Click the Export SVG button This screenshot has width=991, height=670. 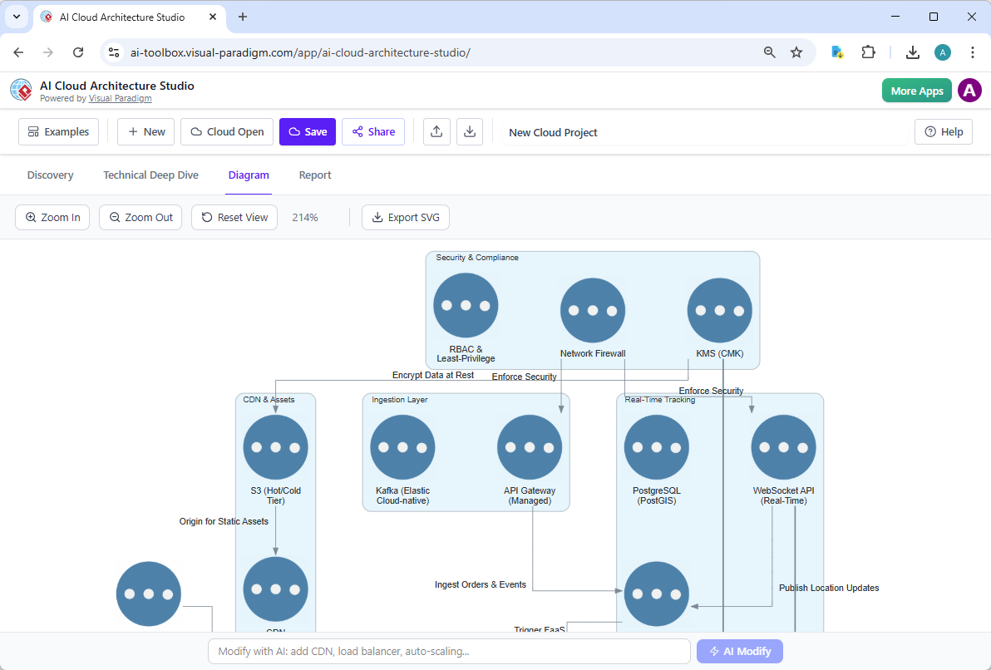(406, 218)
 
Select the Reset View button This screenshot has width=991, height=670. (234, 218)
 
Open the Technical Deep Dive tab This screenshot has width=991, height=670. (150, 175)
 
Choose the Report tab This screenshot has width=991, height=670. (315, 175)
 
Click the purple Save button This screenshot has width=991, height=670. (308, 132)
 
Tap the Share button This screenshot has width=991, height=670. (373, 132)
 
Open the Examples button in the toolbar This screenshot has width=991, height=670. (58, 132)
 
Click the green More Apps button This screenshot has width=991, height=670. (916, 91)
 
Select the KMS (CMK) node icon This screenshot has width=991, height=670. (719, 310)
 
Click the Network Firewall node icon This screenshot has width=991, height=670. (593, 310)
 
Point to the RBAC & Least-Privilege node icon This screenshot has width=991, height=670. (466, 305)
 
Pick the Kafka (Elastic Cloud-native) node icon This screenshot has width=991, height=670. (402, 447)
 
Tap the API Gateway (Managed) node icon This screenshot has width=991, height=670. (530, 447)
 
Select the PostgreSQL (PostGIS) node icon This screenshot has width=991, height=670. (657, 447)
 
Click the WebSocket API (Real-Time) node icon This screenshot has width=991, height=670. (783, 447)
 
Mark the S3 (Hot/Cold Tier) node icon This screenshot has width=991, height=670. (275, 447)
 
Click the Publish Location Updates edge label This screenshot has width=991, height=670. (829, 589)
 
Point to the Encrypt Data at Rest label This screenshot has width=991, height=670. (433, 376)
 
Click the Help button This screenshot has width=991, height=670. (943, 132)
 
